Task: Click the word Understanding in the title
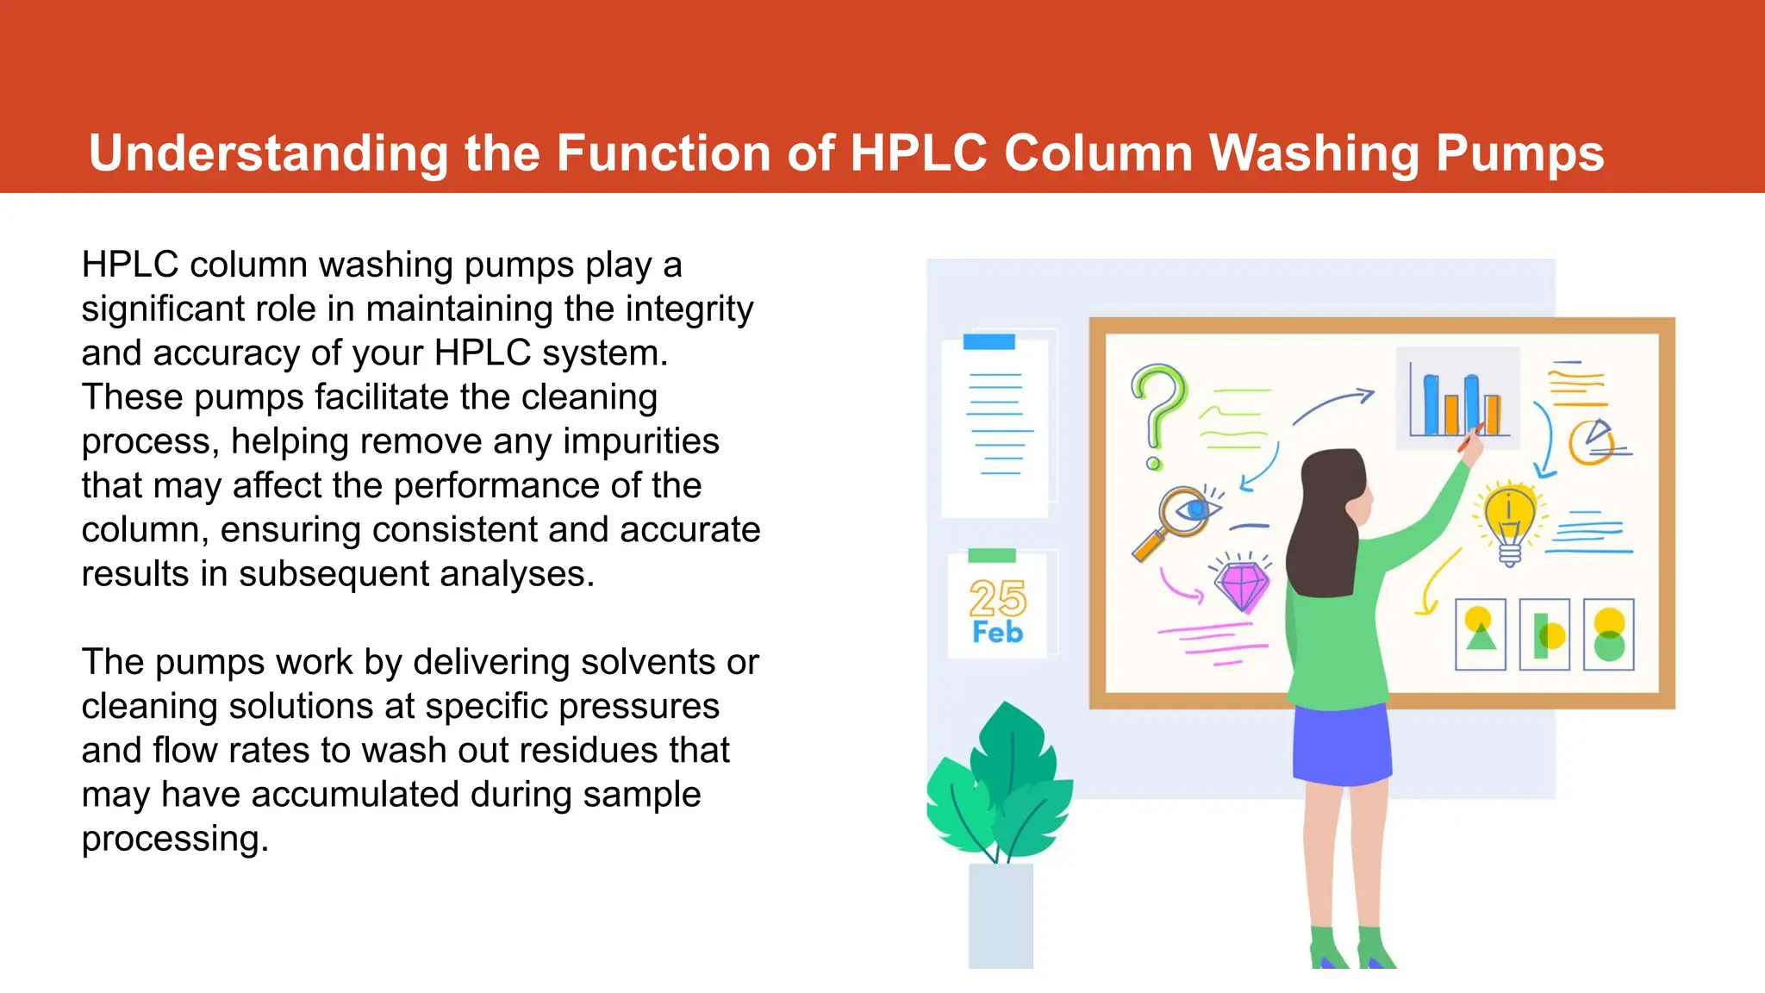click(268, 153)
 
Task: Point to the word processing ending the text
click(175, 839)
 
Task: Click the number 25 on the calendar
click(997, 597)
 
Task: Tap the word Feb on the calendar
click(997, 632)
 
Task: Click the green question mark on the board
click(1157, 409)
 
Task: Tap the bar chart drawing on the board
click(1456, 398)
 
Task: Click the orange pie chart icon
click(1591, 441)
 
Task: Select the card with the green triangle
click(1480, 634)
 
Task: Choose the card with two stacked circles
click(1608, 634)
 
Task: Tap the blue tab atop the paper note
click(989, 341)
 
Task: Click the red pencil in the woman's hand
click(1469, 438)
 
